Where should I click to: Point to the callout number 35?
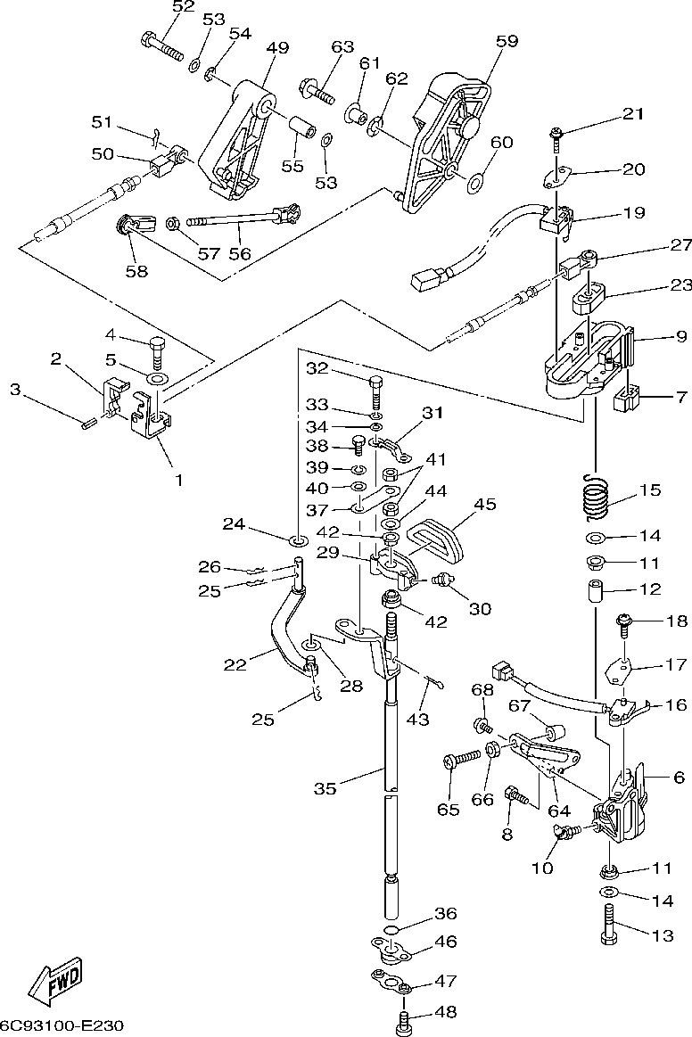coord(325,788)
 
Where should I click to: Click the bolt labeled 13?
coord(611,921)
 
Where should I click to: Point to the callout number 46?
coord(446,942)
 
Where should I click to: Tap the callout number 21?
coord(632,114)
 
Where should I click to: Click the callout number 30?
coord(481,609)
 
